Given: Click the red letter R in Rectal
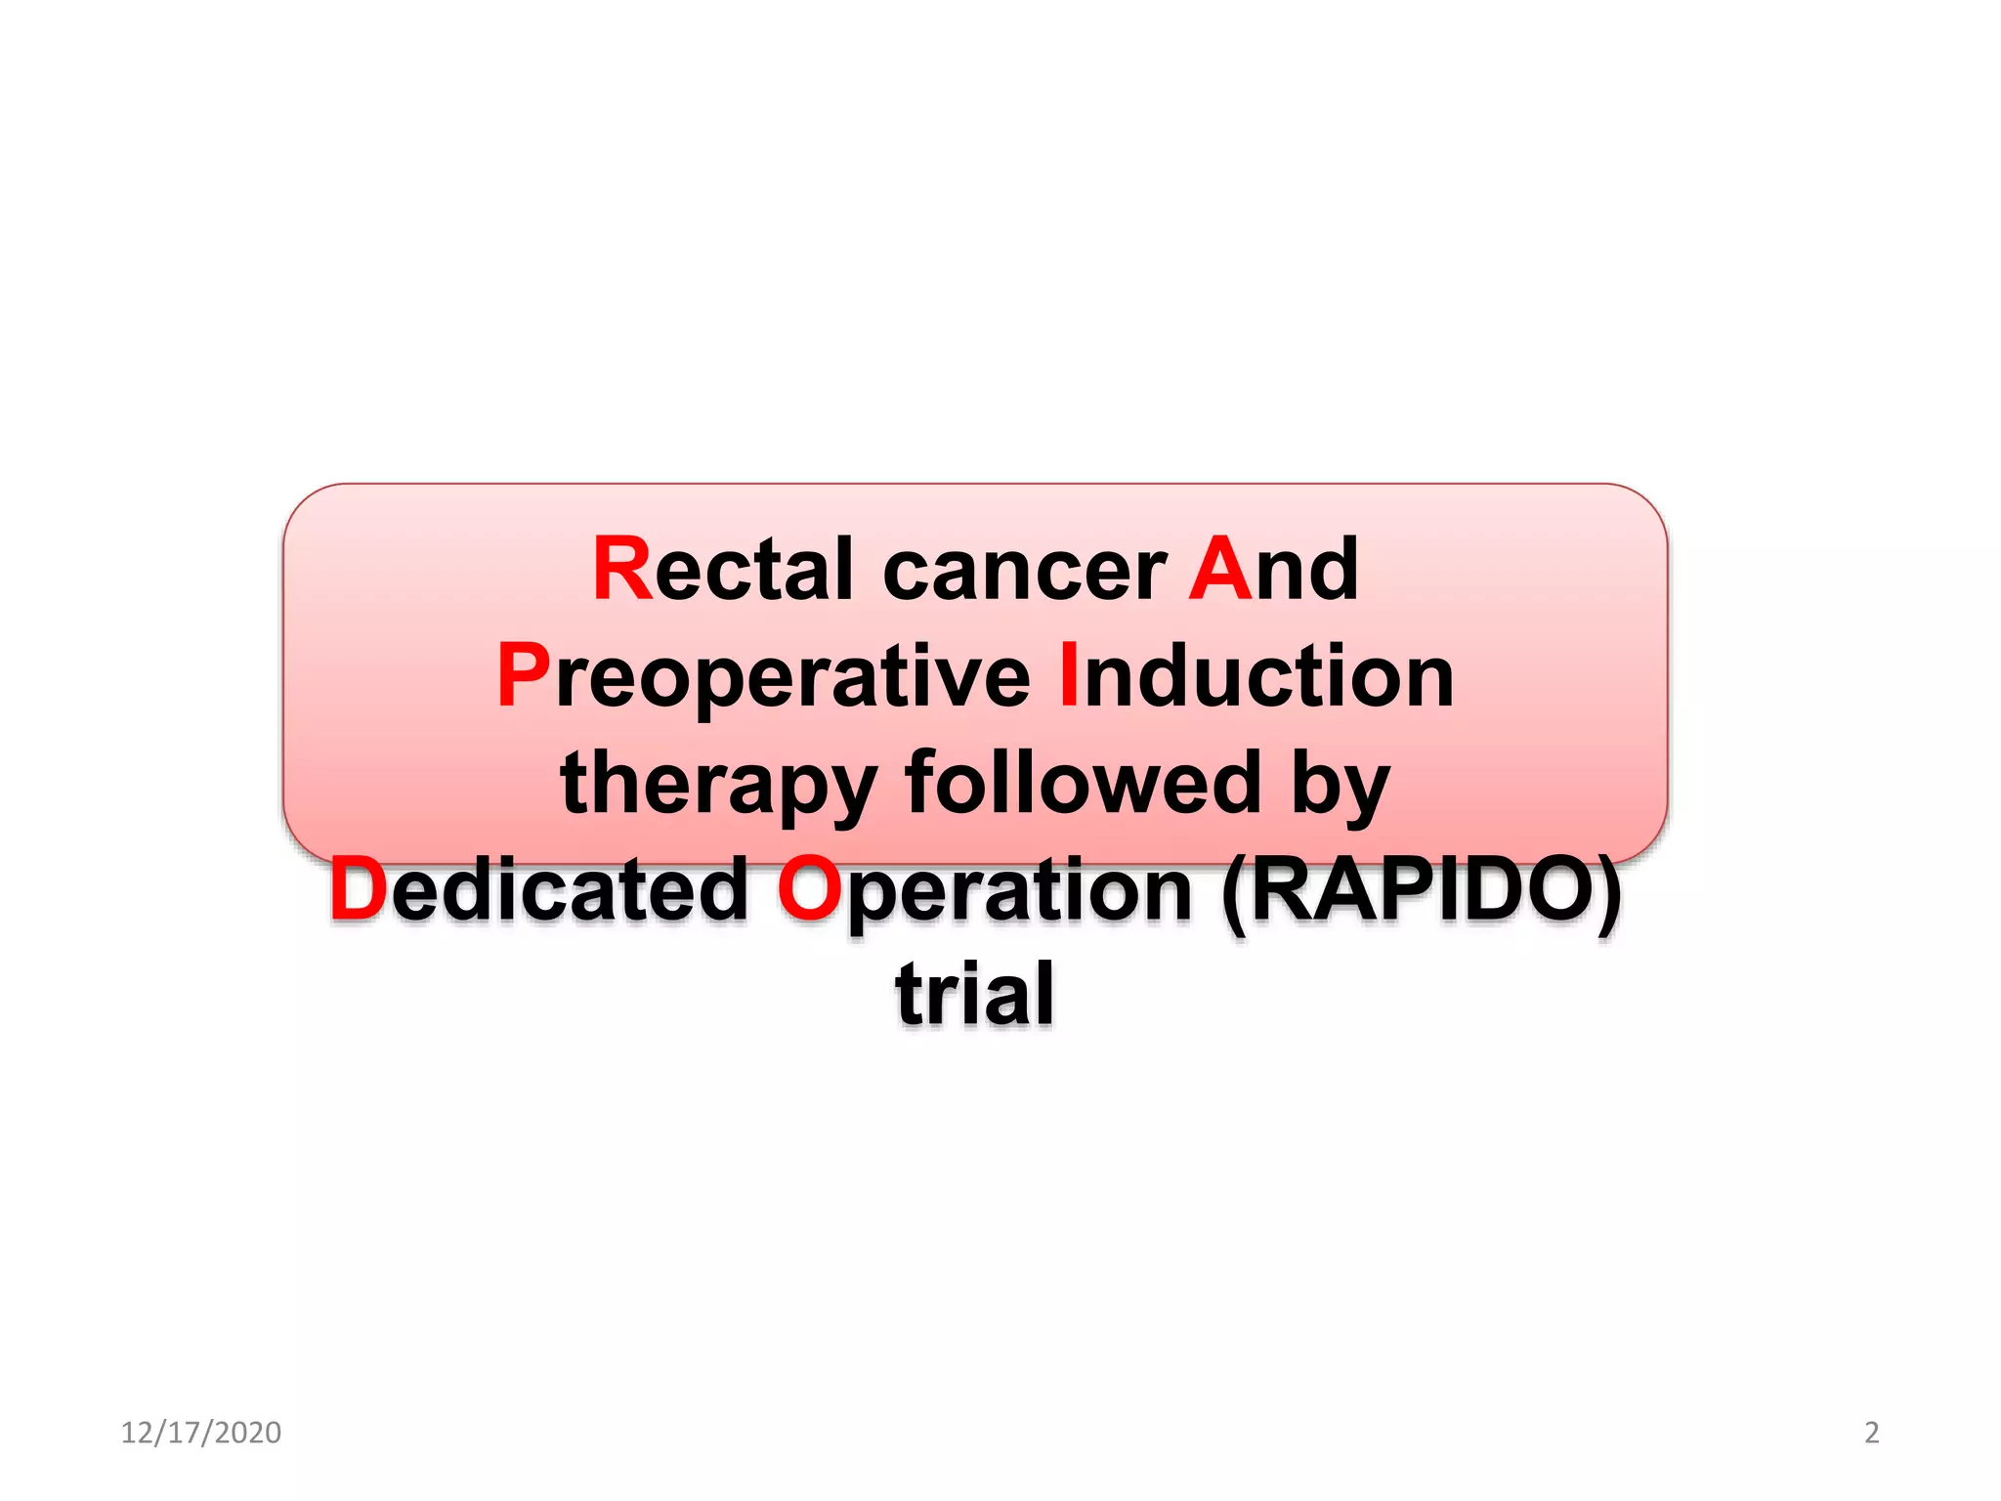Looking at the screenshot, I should pos(621,569).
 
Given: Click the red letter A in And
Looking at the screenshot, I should pos(1218,569).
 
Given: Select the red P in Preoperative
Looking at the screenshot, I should pos(523,675).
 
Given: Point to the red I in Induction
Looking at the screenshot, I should pos(1069,675).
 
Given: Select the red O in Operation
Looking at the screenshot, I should pos(808,889).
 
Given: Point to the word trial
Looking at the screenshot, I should pos(975,994).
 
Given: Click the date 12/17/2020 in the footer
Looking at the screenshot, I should pos(200,1433).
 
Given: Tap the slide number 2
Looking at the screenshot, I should pos(1871,1433).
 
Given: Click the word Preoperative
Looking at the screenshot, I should pos(763,677).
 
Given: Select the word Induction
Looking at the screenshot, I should pos(1256,675).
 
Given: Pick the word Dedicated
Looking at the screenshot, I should pos(538,889).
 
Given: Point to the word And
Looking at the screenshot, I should pos(1273,569).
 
